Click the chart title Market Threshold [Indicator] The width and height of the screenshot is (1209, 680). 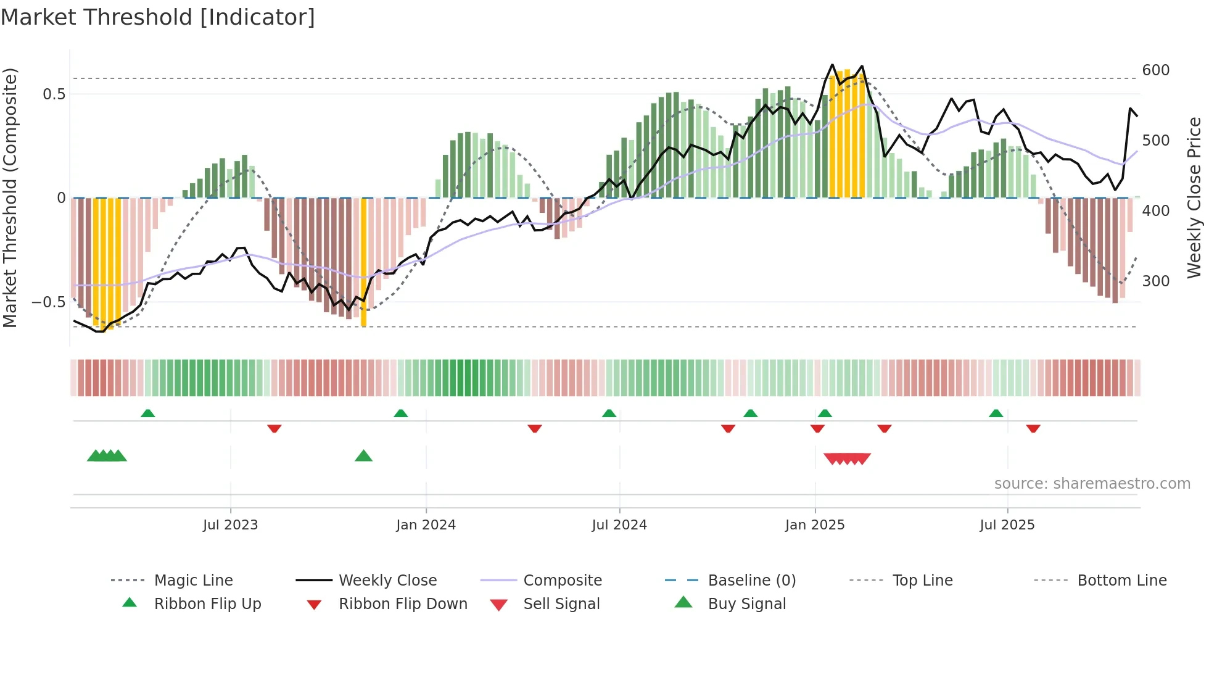point(158,17)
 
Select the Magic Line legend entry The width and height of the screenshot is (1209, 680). point(193,580)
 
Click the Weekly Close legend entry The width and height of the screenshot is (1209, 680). point(387,580)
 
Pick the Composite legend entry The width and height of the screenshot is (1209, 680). point(562,580)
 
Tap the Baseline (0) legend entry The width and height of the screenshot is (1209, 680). point(751,580)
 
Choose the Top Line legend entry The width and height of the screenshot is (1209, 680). point(922,580)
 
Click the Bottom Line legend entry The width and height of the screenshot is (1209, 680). point(1121,580)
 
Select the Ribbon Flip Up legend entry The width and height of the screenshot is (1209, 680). point(207,603)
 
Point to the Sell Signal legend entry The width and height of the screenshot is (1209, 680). point(561,603)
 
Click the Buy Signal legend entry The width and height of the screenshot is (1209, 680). point(746,603)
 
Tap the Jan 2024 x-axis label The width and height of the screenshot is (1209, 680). point(426,525)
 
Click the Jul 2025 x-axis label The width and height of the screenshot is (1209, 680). point(1007,525)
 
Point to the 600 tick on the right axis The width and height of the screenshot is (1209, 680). point(1155,70)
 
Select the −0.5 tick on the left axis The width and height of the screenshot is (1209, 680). point(48,302)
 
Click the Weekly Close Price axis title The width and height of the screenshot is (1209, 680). point(1194,197)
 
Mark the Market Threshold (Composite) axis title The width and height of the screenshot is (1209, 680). point(10,197)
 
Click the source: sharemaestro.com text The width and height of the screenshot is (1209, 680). point(1092,483)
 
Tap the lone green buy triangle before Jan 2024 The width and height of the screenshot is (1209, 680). point(363,456)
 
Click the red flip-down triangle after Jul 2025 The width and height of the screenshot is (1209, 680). point(1033,428)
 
